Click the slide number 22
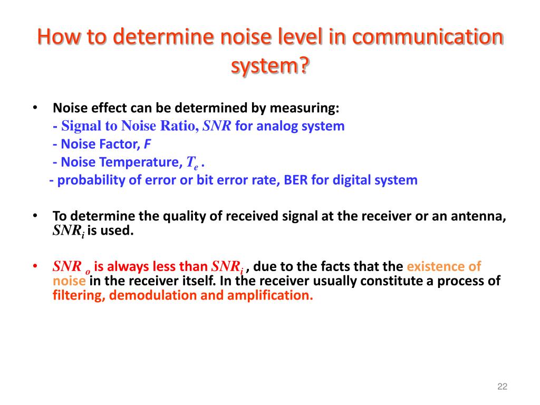click(502, 387)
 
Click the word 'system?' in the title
click(270, 67)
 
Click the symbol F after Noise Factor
click(148, 144)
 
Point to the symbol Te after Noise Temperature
click(192, 163)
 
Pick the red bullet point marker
click(35, 266)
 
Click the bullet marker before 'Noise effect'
click(35, 108)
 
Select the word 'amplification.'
click(270, 295)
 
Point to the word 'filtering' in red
click(79, 295)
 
